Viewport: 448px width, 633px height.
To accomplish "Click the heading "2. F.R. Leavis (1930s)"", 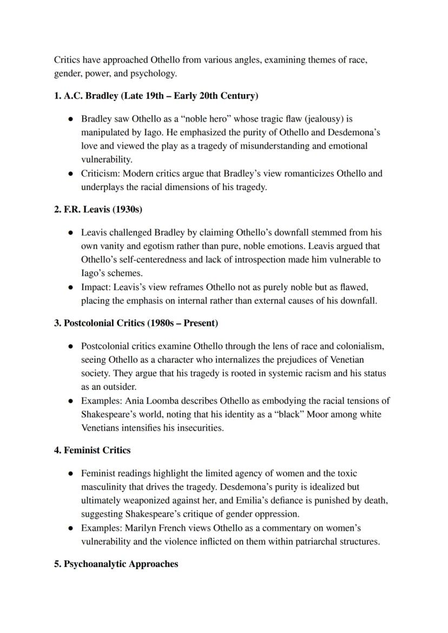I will click(98, 209).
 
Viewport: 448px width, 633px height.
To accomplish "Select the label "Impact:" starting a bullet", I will click(96, 287).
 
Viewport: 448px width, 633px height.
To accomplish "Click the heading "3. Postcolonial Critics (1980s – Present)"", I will click(136, 323).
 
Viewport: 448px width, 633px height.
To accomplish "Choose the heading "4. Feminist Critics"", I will click(92, 450).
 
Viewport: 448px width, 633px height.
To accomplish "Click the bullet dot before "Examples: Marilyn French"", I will click(71, 528).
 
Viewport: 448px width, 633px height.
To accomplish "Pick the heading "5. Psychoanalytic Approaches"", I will click(116, 564).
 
